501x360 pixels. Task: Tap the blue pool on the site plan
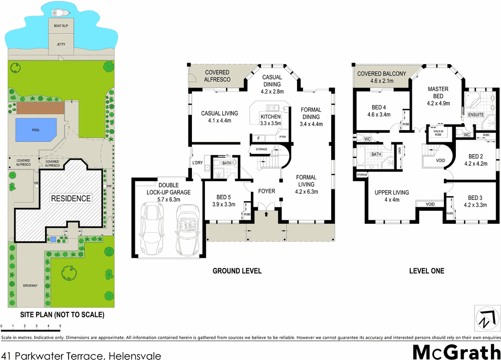point(36,130)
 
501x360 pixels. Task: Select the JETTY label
point(61,45)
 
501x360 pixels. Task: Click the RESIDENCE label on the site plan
point(70,198)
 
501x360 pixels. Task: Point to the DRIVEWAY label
point(30,286)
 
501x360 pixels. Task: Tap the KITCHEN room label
point(271,120)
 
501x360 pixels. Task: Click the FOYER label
point(267,191)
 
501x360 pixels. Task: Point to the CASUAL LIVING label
point(219,117)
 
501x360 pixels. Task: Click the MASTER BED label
point(438,96)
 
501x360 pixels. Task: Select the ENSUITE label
point(476,115)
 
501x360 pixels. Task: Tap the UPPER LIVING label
point(392,196)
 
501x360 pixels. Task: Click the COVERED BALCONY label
point(381,77)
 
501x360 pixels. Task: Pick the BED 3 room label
point(475,201)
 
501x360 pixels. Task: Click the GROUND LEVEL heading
point(237,271)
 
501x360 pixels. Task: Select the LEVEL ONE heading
point(426,271)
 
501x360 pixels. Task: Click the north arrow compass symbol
point(484,318)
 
